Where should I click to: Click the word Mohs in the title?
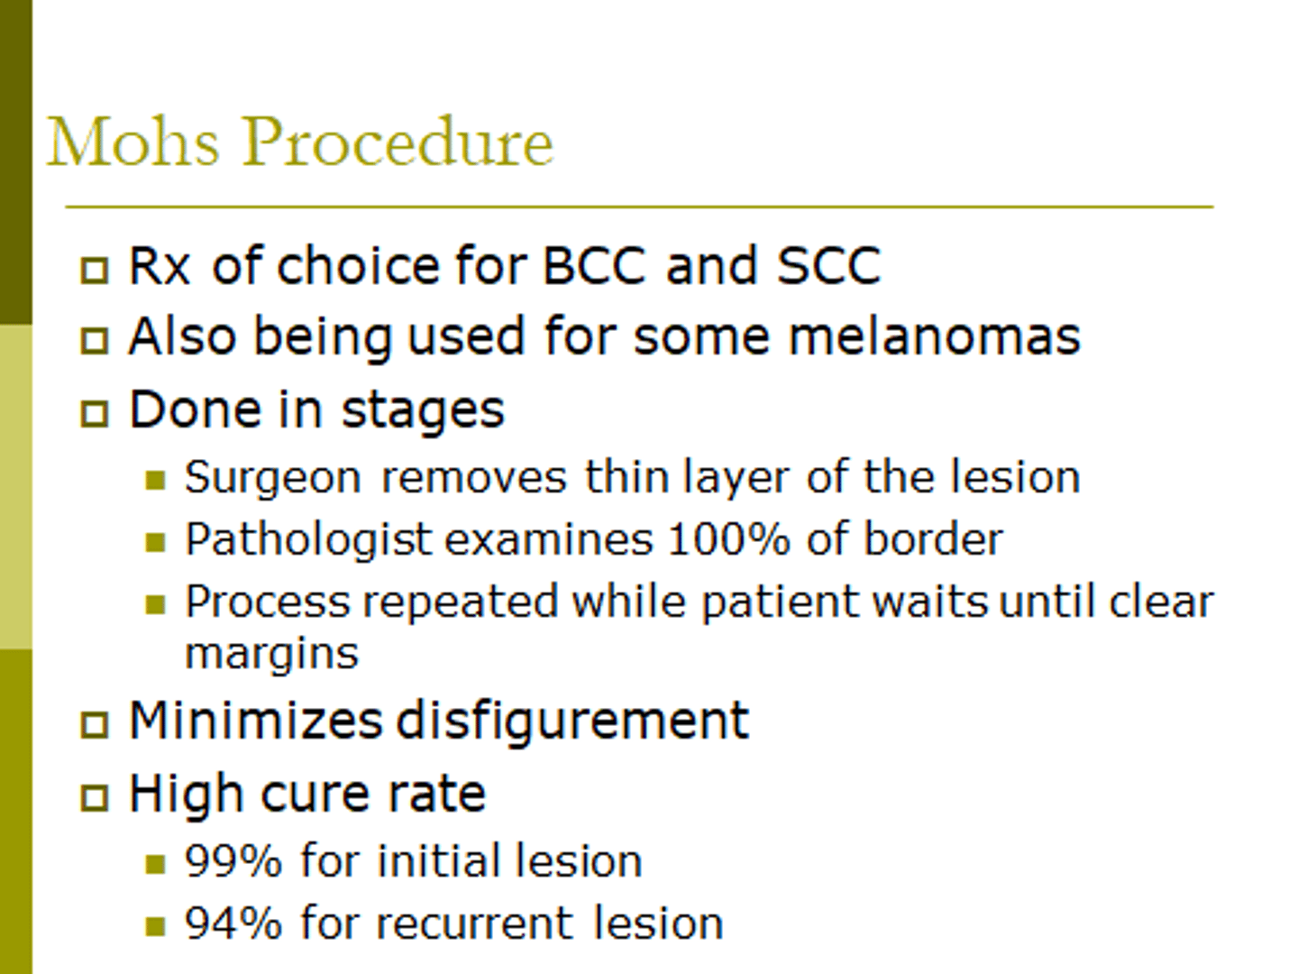point(133,142)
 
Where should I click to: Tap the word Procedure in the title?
point(398,142)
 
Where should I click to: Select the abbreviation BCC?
point(594,266)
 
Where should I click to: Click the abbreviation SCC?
point(827,266)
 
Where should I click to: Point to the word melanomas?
point(934,336)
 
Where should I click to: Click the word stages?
point(423,410)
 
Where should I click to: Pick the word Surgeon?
point(273,477)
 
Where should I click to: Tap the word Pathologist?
point(308,540)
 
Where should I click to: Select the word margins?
point(271,654)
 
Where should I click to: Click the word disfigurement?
point(572,721)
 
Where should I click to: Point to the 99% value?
point(233,860)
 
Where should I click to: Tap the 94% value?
point(233,923)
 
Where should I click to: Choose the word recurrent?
point(474,923)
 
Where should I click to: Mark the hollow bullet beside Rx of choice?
point(94,270)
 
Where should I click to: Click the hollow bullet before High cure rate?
point(94,797)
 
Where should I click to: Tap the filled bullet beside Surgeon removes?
point(155,480)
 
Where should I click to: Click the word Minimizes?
point(256,721)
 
